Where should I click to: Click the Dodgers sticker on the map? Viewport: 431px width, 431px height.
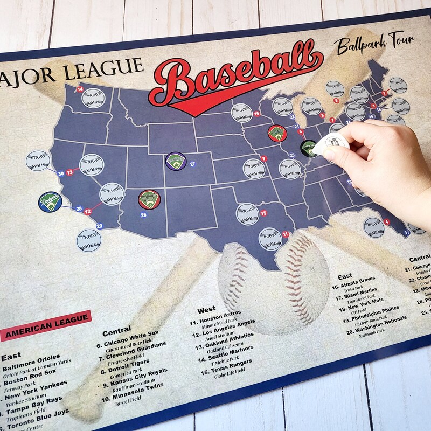pos(50,202)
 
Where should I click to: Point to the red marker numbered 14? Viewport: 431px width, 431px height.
pos(80,89)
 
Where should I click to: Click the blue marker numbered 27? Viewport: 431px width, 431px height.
pos(192,164)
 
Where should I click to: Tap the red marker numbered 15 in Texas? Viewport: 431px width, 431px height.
pos(264,213)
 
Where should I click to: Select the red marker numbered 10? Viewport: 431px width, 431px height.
pos(257,114)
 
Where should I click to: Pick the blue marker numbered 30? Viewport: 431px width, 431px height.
pos(61,173)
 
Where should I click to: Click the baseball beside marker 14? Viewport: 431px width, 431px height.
pos(94,98)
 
